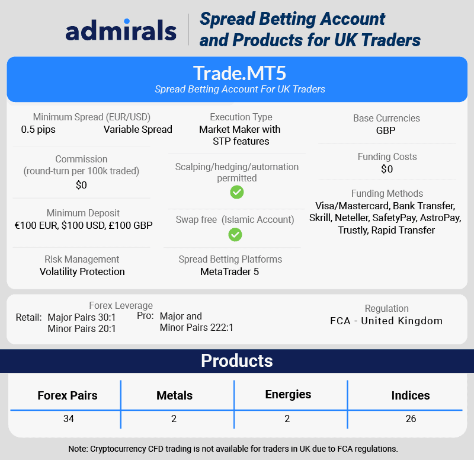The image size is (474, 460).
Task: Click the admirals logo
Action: pos(121,30)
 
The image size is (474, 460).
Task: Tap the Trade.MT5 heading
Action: pos(239,73)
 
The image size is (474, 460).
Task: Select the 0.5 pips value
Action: pos(39,129)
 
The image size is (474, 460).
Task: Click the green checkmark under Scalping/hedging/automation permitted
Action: pos(236,192)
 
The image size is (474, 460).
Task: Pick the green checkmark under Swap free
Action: pos(235,235)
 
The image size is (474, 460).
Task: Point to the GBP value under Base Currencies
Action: pos(386,130)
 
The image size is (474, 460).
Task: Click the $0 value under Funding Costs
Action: pos(387,169)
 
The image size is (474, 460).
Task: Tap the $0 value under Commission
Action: pos(81,185)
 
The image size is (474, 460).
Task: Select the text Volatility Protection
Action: pos(82,271)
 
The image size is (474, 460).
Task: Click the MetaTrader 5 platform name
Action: pos(229,271)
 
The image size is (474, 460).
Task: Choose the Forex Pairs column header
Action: pos(68,395)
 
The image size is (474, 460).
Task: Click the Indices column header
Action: pos(411,395)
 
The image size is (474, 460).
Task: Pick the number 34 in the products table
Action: pos(69,419)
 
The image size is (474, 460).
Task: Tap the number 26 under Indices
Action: pos(411,419)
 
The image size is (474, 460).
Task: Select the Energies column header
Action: pos(288,395)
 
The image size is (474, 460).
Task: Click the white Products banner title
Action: pos(237,361)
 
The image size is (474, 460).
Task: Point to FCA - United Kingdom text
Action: pos(386,321)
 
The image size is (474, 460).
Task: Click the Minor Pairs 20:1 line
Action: pos(82,328)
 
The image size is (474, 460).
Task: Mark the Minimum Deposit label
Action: pos(83,213)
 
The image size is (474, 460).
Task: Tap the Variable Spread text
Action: pos(138,129)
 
